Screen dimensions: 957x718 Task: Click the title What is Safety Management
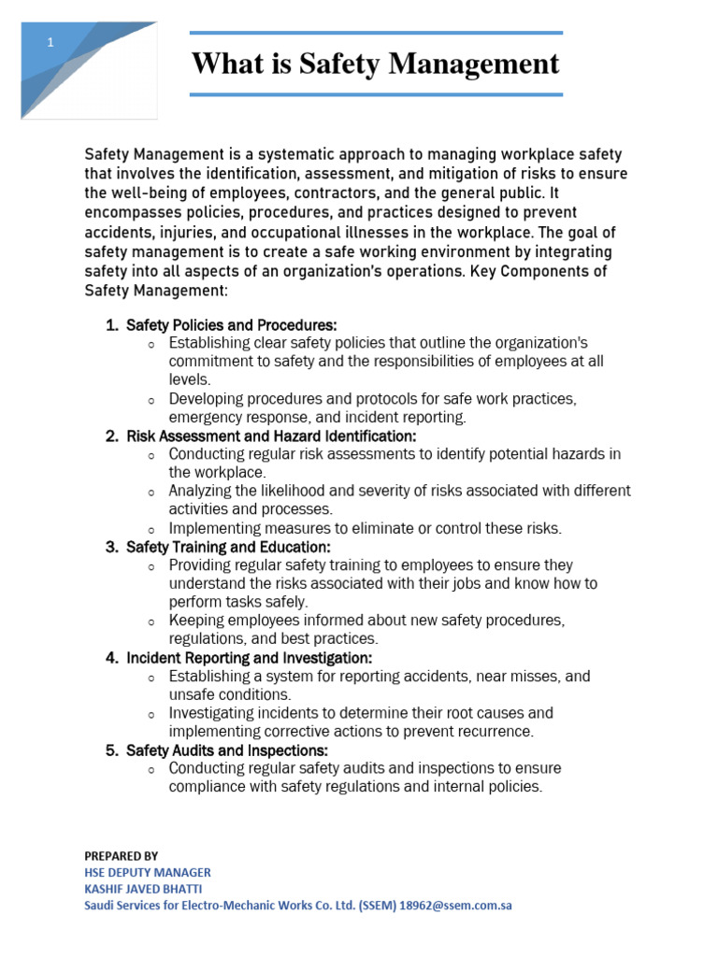pos(375,64)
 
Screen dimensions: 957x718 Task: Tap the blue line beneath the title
pos(375,94)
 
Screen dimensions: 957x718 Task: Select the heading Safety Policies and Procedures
pos(231,325)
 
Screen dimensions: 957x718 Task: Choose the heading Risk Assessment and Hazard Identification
pos(271,436)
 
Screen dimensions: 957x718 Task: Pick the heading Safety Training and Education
pos(228,547)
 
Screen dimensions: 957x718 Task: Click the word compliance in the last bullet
pos(207,787)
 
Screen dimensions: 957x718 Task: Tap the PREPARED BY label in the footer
pos(122,855)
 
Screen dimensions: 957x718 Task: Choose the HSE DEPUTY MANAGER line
pos(147,872)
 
